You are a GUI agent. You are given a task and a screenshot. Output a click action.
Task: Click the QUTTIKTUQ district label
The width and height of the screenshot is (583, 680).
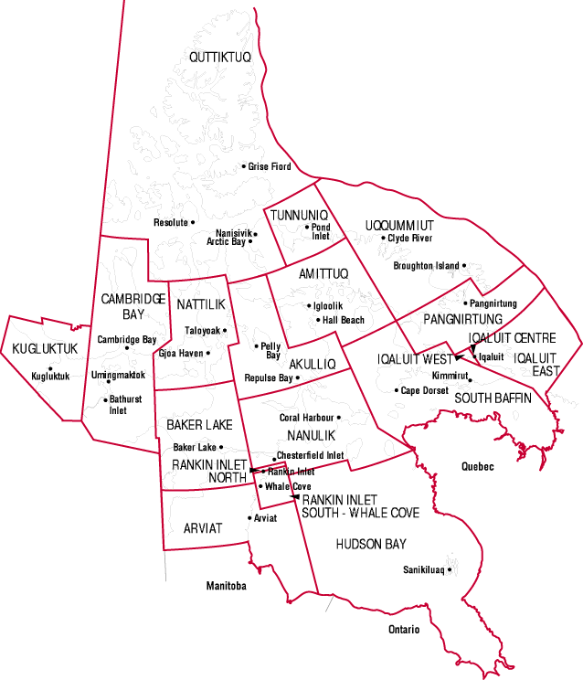pyautogui.click(x=219, y=58)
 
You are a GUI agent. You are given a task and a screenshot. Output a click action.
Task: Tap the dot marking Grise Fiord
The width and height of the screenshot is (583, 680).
pyautogui.click(x=244, y=166)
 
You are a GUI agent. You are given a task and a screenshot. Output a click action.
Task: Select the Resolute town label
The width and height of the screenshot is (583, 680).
pyautogui.click(x=170, y=222)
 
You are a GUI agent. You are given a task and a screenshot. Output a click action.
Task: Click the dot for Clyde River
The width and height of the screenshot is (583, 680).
pyautogui.click(x=383, y=239)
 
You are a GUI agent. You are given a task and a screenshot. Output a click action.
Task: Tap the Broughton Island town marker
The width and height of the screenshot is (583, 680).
pyautogui.click(x=464, y=266)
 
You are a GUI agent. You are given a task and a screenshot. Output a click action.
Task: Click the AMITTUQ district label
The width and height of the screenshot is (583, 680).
pyautogui.click(x=323, y=274)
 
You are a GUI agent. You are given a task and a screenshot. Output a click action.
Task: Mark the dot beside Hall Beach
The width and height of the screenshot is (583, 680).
pyautogui.click(x=317, y=320)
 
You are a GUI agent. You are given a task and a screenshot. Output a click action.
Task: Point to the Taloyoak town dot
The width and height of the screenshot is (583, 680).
pyautogui.click(x=225, y=330)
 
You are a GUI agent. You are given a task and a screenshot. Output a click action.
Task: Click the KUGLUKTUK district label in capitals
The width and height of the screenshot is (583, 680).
pyautogui.click(x=45, y=348)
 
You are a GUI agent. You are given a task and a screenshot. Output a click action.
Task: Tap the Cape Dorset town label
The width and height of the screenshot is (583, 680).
pyautogui.click(x=425, y=390)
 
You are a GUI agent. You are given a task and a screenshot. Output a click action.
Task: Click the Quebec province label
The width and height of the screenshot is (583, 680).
pyautogui.click(x=477, y=466)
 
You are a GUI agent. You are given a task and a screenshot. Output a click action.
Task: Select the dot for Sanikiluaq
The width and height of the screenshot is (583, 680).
pyautogui.click(x=450, y=570)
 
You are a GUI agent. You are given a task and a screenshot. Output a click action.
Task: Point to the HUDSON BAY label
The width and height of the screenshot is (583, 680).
pyautogui.click(x=370, y=544)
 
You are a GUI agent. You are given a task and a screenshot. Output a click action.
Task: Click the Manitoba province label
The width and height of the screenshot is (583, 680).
pyautogui.click(x=226, y=586)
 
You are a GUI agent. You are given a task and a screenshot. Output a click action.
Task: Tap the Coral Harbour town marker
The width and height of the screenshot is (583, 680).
pyautogui.click(x=339, y=418)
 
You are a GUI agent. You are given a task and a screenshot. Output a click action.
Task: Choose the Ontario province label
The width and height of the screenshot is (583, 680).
pyautogui.click(x=403, y=630)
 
